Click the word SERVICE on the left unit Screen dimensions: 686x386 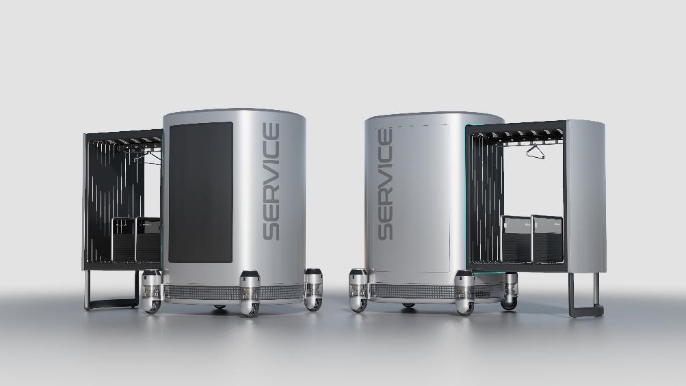272,182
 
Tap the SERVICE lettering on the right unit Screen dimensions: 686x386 385,184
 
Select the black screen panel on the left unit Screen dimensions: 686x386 201,193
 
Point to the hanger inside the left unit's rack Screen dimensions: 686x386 148,157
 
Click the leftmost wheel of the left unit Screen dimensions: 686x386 152,292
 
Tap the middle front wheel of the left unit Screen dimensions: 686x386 250,293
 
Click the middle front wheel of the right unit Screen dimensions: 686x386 464,292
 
